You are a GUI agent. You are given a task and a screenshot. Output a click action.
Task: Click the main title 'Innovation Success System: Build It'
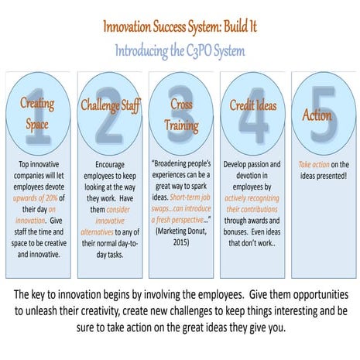point(180,29)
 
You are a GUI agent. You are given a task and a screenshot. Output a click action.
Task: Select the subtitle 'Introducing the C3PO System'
point(180,51)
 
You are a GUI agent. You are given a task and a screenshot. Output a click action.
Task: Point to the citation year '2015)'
point(180,242)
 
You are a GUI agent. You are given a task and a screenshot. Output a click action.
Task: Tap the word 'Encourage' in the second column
point(108,165)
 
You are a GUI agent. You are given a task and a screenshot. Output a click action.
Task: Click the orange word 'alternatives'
point(95,231)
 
